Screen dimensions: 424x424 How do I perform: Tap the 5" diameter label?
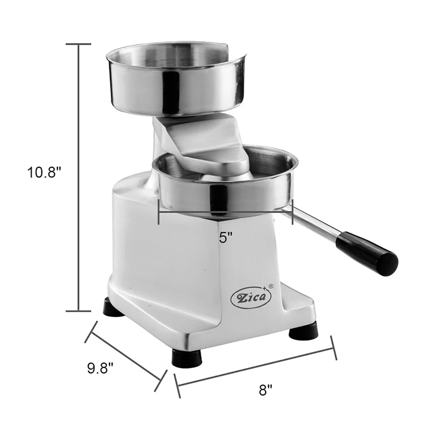coord(226,238)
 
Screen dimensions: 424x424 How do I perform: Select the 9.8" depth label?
coord(101,368)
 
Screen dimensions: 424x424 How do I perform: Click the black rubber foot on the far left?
coord(113,308)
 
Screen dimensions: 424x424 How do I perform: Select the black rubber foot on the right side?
coord(303,331)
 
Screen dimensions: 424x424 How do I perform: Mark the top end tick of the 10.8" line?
coord(77,44)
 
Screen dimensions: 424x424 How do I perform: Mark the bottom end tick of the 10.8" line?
coord(77,310)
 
